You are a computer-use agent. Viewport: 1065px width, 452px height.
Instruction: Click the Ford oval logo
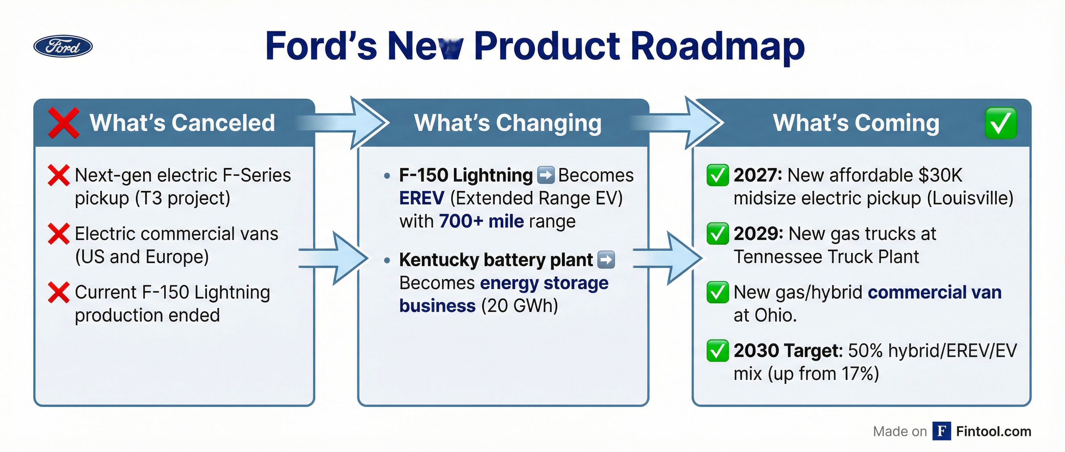[63, 46]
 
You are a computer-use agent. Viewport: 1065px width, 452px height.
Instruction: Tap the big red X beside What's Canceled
[63, 122]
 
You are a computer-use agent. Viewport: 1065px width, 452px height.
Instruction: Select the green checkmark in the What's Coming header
[1000, 123]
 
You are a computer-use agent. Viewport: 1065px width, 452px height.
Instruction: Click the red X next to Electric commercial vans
[58, 234]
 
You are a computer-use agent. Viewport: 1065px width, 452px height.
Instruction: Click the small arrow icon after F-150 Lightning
[545, 175]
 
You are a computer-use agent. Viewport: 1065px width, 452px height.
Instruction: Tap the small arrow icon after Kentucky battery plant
[606, 260]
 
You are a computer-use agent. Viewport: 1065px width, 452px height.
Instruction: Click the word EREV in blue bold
[422, 198]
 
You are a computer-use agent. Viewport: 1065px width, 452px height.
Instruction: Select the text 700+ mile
[481, 222]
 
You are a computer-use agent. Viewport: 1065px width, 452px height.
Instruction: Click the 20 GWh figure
[520, 306]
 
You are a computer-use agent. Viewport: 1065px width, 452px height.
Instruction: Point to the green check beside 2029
[717, 234]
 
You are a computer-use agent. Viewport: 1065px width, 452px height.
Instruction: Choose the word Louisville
[970, 198]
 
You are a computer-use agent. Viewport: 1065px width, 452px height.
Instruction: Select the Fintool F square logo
[941, 431]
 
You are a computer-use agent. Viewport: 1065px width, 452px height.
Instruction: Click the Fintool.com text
[993, 431]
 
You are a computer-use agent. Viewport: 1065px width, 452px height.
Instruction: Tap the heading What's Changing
[508, 123]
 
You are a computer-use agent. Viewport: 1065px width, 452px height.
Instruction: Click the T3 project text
[182, 198]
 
